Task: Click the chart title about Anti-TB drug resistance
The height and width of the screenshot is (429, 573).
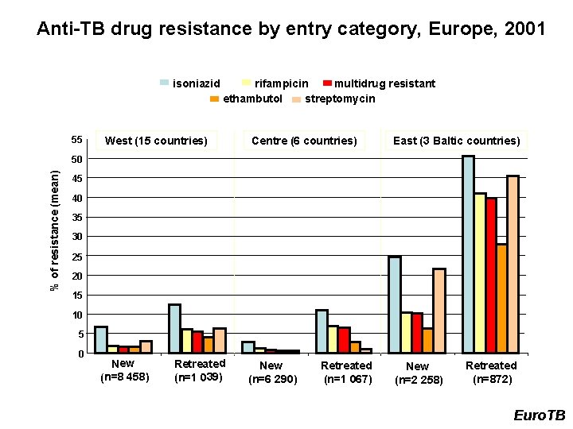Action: click(x=290, y=30)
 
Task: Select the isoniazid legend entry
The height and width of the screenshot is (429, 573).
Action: click(x=191, y=83)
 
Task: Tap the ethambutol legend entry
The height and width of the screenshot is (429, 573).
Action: click(x=246, y=99)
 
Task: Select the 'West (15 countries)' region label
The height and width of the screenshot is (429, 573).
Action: click(x=156, y=141)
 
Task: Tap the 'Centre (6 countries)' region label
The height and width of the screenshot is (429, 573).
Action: click(x=304, y=141)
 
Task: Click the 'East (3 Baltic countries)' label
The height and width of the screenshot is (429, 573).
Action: click(x=457, y=141)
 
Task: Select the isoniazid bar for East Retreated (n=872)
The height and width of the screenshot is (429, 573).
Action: click(x=468, y=253)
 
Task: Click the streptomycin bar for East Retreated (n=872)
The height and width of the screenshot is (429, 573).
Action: click(x=513, y=264)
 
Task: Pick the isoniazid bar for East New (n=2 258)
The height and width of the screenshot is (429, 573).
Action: click(x=395, y=304)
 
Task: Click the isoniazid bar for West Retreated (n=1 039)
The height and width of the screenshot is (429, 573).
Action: click(x=174, y=328)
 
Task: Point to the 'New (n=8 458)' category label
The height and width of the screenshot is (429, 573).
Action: click(x=124, y=370)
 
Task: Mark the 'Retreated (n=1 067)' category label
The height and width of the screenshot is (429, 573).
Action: click(x=346, y=372)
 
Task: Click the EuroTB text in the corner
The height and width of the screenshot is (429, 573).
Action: click(x=539, y=415)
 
